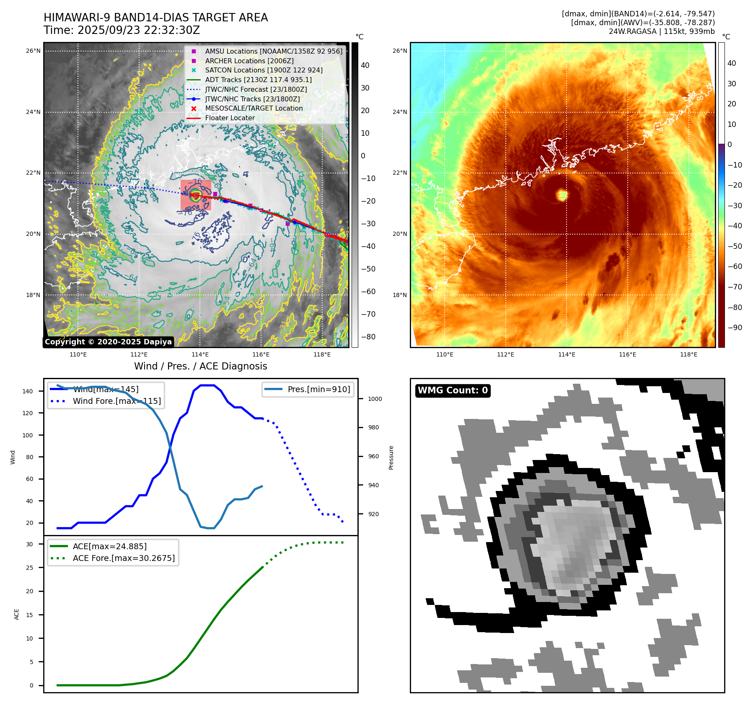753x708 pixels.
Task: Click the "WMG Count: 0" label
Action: pyautogui.click(x=453, y=390)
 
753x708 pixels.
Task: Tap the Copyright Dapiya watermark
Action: pyautogui.click(x=108, y=342)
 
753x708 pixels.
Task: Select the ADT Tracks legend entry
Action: pyautogui.click(x=258, y=80)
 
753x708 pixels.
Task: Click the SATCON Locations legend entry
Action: pyautogui.click(x=264, y=70)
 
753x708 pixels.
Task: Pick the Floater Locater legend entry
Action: pyautogui.click(x=230, y=118)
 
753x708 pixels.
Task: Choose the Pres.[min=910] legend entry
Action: pyautogui.click(x=318, y=389)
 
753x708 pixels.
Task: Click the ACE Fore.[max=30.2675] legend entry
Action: pyautogui.click(x=124, y=558)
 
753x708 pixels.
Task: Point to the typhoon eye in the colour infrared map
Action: pyautogui.click(x=562, y=195)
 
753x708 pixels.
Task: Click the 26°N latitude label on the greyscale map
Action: pyautogui.click(x=34, y=51)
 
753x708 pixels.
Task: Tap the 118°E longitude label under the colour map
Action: pyautogui.click(x=688, y=354)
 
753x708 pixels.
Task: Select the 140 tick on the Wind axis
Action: pyautogui.click(x=28, y=391)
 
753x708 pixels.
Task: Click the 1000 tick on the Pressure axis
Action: pyautogui.click(x=375, y=399)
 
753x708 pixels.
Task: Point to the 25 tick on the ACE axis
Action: pyautogui.click(x=29, y=568)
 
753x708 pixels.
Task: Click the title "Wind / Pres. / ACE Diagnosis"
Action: pyautogui.click(x=200, y=366)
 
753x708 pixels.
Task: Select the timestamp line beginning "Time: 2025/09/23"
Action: pyautogui.click(x=122, y=30)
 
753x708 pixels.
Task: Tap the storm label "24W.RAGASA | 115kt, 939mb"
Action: pyautogui.click(x=662, y=31)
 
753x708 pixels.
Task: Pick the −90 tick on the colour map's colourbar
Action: pyautogui.click(x=735, y=328)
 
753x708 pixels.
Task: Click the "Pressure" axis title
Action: pyautogui.click(x=391, y=457)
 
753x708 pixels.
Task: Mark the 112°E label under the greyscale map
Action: pyautogui.click(x=139, y=354)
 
